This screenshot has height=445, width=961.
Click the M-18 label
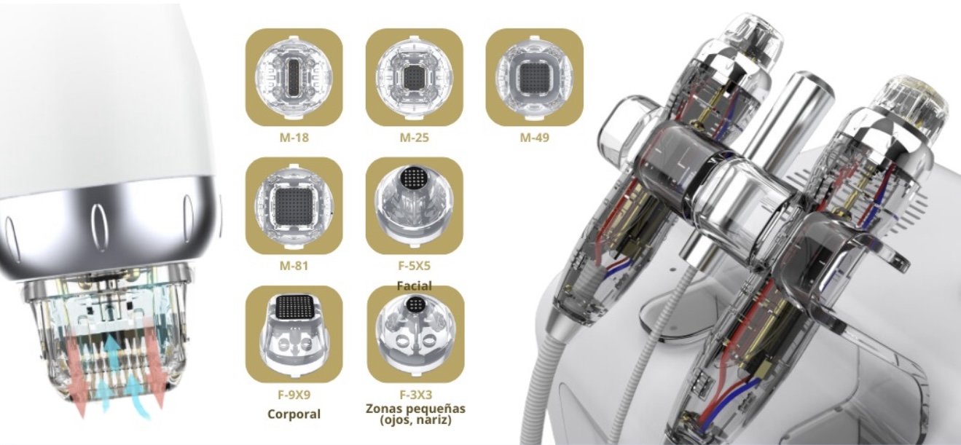[x=294, y=138]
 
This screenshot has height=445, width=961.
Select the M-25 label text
[x=414, y=138]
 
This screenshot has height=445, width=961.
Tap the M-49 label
[x=534, y=138]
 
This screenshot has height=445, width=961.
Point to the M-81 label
[x=294, y=266]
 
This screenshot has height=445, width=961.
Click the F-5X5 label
[x=414, y=266]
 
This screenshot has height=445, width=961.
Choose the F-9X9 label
[x=294, y=395]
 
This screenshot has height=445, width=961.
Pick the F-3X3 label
[x=416, y=395]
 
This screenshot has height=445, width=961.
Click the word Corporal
[x=294, y=414]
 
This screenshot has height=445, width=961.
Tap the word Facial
[x=414, y=285]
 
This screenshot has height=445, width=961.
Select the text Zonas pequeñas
[x=415, y=408]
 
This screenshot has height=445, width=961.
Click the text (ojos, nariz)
[x=415, y=420]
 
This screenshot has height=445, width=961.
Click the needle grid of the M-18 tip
[x=294, y=78]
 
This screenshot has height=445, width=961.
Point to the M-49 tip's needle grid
[x=534, y=77]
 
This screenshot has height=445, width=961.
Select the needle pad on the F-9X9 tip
[x=294, y=306]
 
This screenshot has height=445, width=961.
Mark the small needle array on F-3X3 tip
[x=415, y=304]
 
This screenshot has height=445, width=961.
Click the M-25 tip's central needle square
[x=414, y=77]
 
